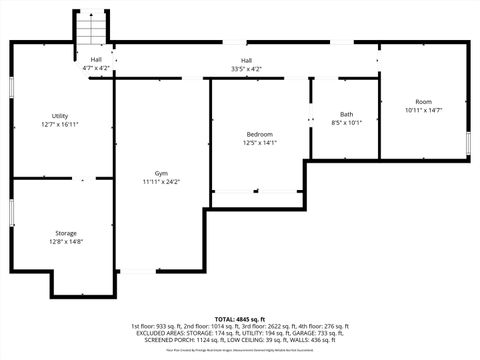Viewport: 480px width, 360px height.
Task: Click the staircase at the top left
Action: (x=92, y=29)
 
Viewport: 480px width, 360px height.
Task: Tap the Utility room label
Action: (x=60, y=116)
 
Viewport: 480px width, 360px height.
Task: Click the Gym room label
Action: (x=160, y=173)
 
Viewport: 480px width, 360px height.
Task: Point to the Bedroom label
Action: (x=260, y=134)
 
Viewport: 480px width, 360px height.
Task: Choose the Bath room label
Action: (x=346, y=114)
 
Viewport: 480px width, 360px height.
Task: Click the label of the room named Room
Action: (x=424, y=101)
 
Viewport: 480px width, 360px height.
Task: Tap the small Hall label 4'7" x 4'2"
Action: (x=96, y=60)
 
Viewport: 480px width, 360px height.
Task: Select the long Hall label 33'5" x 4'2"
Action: (x=246, y=60)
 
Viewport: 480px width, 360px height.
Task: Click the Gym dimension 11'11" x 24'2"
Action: (x=160, y=182)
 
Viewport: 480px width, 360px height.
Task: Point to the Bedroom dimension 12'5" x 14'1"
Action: (x=260, y=143)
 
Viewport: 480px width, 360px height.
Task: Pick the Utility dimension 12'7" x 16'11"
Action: (x=60, y=125)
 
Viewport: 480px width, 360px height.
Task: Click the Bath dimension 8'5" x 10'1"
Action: (x=346, y=123)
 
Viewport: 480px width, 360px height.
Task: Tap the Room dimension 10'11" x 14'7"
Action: (x=424, y=110)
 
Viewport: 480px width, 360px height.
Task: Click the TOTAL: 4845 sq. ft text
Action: (x=240, y=319)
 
